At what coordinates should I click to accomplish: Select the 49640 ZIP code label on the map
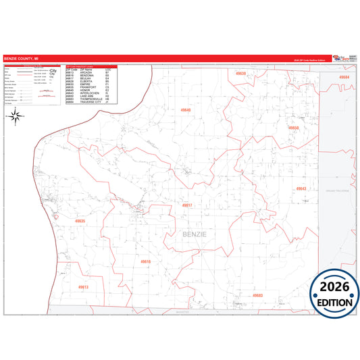tap(186, 110)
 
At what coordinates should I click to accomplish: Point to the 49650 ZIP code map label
tap(293, 128)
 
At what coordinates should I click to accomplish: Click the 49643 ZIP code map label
tap(301, 188)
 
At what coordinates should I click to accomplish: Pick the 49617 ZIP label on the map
tap(187, 205)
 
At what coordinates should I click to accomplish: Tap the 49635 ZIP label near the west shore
tap(80, 221)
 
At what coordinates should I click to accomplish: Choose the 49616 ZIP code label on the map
tap(146, 261)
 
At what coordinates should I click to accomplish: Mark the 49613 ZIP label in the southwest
tap(83, 286)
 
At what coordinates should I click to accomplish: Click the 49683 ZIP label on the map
tap(257, 295)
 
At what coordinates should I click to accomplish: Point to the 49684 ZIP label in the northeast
tap(344, 78)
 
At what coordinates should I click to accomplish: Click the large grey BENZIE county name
tap(195, 234)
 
